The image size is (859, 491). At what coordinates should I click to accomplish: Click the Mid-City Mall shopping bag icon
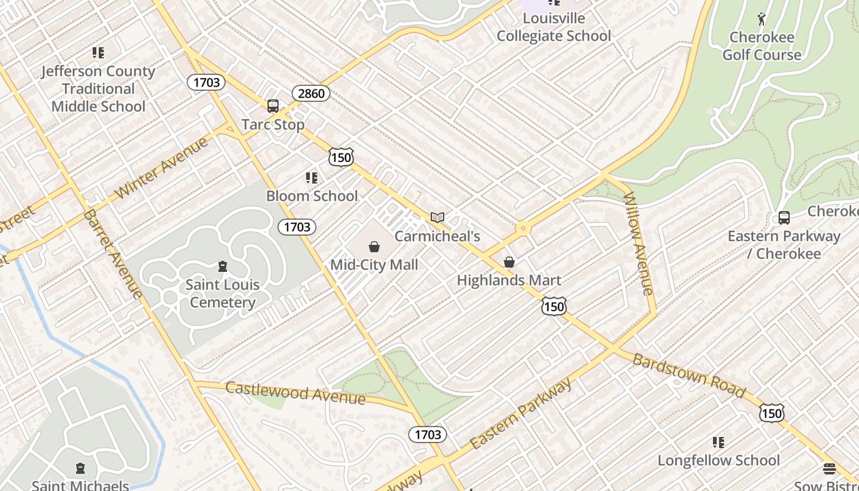(374, 247)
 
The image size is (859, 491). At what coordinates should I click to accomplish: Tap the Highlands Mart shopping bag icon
(509, 263)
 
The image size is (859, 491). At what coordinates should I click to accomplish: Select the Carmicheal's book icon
(437, 217)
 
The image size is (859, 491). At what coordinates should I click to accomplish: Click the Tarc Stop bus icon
(273, 106)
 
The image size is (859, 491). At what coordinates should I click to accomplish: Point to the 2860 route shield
(310, 94)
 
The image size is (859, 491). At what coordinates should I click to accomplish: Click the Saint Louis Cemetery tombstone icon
(222, 266)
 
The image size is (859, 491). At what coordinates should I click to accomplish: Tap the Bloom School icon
(312, 178)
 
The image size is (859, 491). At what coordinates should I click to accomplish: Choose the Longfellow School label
(718, 460)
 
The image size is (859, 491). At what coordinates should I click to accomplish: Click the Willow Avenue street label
(639, 243)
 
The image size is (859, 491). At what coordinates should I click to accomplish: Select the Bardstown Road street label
(688, 375)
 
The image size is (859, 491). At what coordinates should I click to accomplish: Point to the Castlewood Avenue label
(295, 392)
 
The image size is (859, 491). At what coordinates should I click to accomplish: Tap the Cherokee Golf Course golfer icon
(761, 19)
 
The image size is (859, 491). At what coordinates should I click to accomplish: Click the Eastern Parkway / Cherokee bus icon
(784, 218)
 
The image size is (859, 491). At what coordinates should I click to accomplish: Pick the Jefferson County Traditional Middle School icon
(98, 53)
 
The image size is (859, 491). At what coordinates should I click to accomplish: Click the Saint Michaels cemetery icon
(80, 469)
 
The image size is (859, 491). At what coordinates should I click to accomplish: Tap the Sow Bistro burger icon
(830, 470)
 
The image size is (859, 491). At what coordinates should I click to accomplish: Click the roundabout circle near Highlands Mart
(523, 229)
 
